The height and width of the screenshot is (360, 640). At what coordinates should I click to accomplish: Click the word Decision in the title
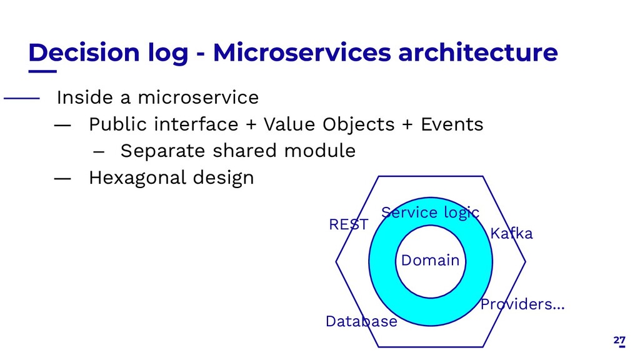[84, 52]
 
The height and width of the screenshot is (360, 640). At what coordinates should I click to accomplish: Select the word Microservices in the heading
[302, 52]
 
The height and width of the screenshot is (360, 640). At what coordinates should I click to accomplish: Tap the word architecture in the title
[478, 52]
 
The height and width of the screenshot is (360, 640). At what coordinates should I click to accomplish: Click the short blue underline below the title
[42, 71]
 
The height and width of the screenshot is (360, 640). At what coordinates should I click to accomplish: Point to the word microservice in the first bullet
[198, 97]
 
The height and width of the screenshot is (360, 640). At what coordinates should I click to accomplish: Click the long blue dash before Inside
[22, 98]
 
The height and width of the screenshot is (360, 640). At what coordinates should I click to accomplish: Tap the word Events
[452, 124]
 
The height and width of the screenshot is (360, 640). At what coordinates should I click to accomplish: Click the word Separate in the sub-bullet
[162, 151]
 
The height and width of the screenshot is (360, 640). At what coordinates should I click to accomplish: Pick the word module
[319, 151]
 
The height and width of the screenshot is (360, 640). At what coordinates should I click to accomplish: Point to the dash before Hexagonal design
[62, 178]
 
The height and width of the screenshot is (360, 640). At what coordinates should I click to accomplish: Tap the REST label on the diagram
[349, 224]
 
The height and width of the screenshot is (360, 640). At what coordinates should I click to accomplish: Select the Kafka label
[511, 234]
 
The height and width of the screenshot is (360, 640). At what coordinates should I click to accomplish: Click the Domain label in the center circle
[430, 260]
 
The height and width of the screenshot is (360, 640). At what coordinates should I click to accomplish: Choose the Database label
[361, 321]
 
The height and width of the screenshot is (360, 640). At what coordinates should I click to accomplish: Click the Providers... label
[522, 304]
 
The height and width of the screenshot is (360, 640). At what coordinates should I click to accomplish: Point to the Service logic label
[430, 212]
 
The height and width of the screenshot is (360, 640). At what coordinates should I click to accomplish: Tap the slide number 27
[619, 341]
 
